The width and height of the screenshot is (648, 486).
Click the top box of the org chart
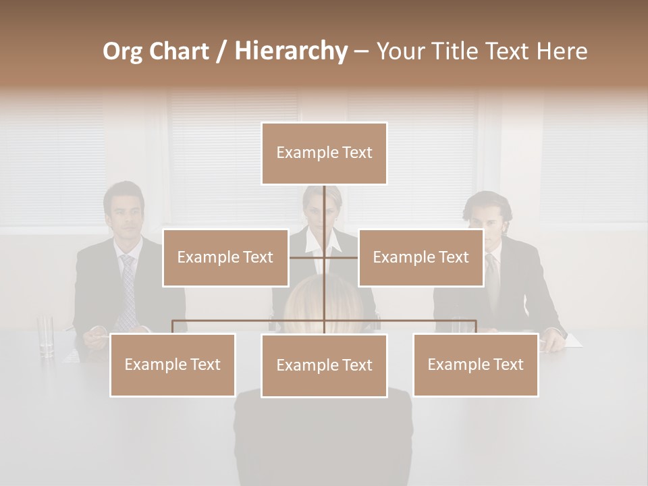click(324, 153)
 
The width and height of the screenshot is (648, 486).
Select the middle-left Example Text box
click(225, 257)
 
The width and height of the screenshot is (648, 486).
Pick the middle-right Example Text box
click(421, 257)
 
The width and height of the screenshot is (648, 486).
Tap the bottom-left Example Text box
click(172, 364)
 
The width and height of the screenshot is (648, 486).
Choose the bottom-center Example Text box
click(324, 365)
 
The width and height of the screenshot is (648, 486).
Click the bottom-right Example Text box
click(475, 364)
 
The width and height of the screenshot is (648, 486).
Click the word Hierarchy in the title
click(291, 51)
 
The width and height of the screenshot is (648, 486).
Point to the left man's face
click(126, 218)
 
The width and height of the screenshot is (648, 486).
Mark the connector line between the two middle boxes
click(324, 257)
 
